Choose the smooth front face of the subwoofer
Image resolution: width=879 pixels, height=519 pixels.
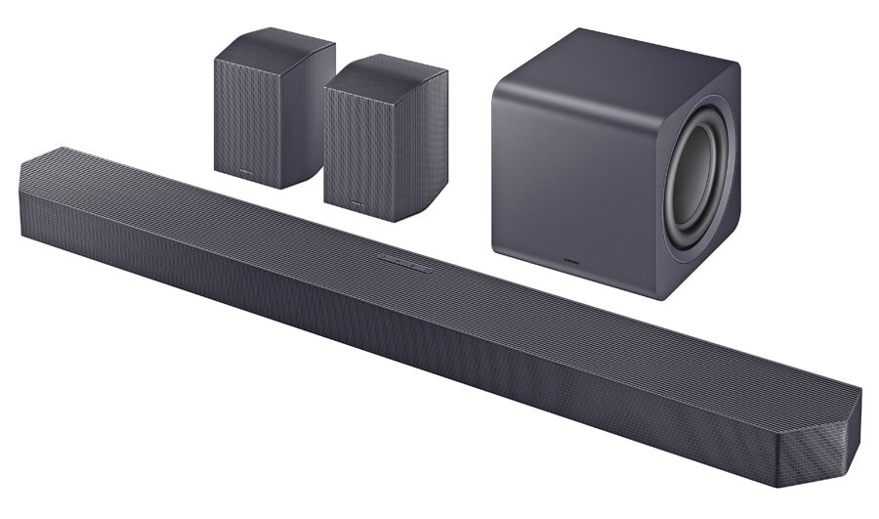pos(576,186)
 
